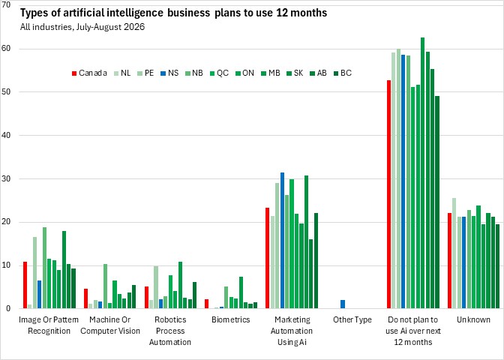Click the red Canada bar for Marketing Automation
click(x=267, y=258)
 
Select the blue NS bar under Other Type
click(x=343, y=304)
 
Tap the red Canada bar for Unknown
click(x=450, y=261)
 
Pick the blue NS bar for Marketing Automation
click(x=282, y=241)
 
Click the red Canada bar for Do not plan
click(x=388, y=194)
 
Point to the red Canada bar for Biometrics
click(x=207, y=304)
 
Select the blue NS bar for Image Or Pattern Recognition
click(x=39, y=295)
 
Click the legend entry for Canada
click(x=89, y=73)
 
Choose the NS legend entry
click(x=169, y=73)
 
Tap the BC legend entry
click(x=343, y=73)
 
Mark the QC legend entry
click(x=219, y=73)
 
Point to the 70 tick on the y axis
click(x=6, y=4)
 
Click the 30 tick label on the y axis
click(x=6, y=178)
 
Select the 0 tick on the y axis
click(x=8, y=308)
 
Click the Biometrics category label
click(x=231, y=319)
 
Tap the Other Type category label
click(x=352, y=319)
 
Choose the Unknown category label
click(x=473, y=319)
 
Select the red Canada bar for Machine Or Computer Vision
click(x=85, y=298)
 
